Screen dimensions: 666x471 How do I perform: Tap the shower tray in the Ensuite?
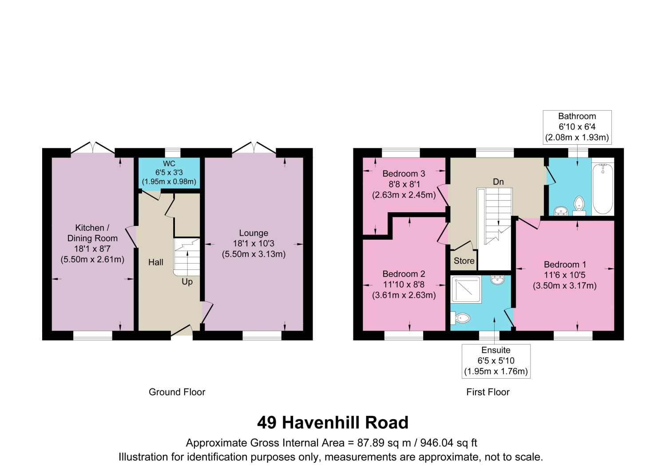click(x=466, y=289)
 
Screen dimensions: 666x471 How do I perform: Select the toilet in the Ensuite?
click(x=460, y=318)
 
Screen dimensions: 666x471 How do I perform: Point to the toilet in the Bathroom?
click(x=579, y=206)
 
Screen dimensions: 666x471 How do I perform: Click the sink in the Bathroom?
click(x=561, y=211)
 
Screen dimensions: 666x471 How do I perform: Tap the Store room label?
click(x=464, y=261)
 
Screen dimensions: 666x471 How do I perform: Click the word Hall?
click(x=156, y=262)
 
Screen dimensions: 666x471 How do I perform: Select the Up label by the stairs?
click(x=187, y=282)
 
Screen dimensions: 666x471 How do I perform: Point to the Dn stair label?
click(x=498, y=182)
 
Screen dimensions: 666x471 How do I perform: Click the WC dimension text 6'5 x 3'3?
click(x=169, y=172)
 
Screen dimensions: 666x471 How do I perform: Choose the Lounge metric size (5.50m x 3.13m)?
click(x=254, y=254)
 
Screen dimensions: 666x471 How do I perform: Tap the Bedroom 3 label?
click(x=404, y=174)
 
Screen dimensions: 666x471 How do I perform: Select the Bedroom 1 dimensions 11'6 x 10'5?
click(x=565, y=275)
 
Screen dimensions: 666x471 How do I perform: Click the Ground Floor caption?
click(x=177, y=392)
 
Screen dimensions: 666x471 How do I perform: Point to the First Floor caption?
click(x=488, y=392)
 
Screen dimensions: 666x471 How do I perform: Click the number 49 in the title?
click(x=267, y=423)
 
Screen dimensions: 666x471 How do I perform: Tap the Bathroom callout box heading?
click(x=577, y=116)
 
